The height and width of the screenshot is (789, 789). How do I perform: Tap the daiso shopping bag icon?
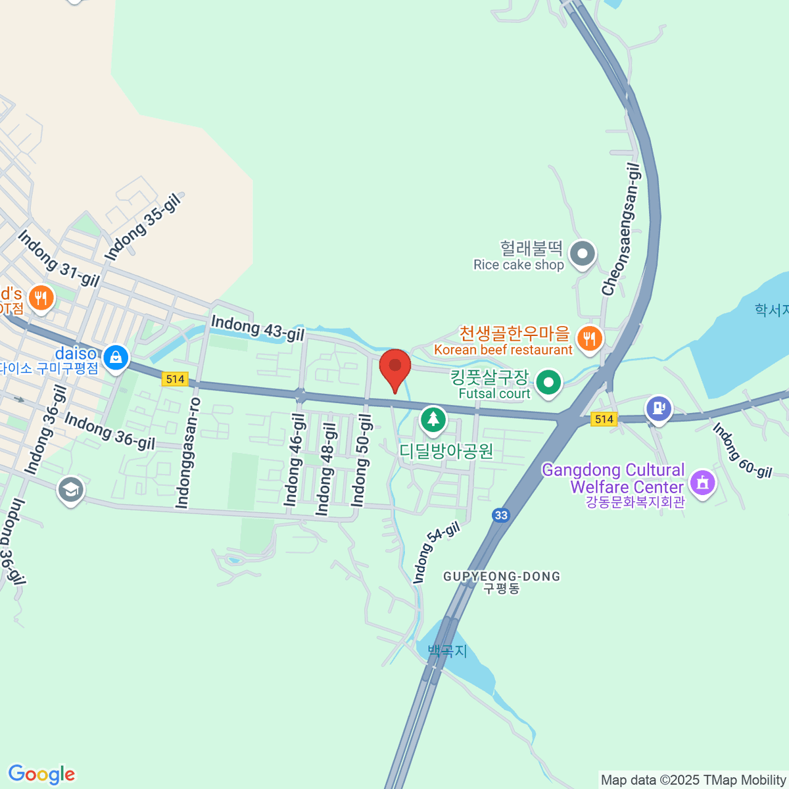[116, 358]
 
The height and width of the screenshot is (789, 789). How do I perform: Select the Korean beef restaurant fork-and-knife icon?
[588, 339]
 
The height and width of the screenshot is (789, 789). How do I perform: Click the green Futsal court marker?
[548, 382]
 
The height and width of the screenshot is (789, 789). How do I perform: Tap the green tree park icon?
[432, 419]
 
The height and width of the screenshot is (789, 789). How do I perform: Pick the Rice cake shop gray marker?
[582, 254]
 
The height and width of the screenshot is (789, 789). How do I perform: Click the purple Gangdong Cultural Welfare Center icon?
[702, 483]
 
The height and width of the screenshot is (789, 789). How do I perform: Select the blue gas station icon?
[658, 408]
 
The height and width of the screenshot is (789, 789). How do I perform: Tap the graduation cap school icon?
[70, 489]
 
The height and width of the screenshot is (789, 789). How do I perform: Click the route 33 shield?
[502, 515]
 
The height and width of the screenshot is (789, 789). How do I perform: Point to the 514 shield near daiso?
[176, 379]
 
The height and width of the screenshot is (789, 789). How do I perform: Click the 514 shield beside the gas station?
[604, 419]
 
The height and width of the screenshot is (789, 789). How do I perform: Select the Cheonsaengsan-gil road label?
[621, 229]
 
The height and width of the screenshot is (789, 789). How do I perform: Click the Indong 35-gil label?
[143, 227]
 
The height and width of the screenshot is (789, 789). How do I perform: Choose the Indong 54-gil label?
[435, 552]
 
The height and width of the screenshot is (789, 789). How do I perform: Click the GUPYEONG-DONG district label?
[502, 577]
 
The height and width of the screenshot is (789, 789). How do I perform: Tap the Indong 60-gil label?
[742, 450]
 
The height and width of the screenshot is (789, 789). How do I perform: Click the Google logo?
[41, 775]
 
